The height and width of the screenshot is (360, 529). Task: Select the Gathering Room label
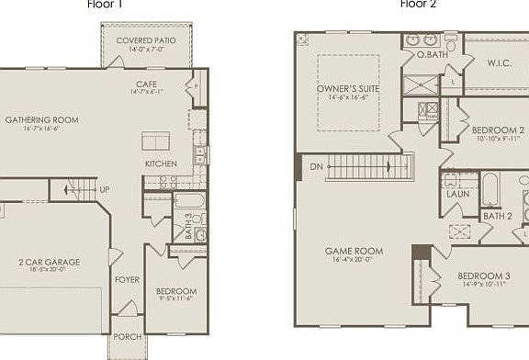pos(41,120)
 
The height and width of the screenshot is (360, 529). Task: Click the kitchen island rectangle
pos(155,141)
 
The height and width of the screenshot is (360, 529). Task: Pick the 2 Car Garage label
pos(50,263)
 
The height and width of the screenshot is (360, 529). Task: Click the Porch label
pos(127,337)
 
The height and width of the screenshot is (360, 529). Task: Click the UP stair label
pos(105,190)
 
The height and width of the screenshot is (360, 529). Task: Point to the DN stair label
pos(316,167)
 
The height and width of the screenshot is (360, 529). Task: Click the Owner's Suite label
pos(348,88)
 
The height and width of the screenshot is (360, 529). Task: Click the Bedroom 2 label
pos(498,130)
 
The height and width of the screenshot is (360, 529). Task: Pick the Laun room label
pos(458,195)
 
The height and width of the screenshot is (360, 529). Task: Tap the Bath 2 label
pos(497,216)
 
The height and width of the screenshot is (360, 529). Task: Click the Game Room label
pos(354,251)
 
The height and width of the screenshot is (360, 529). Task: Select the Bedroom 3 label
pos(483,276)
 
